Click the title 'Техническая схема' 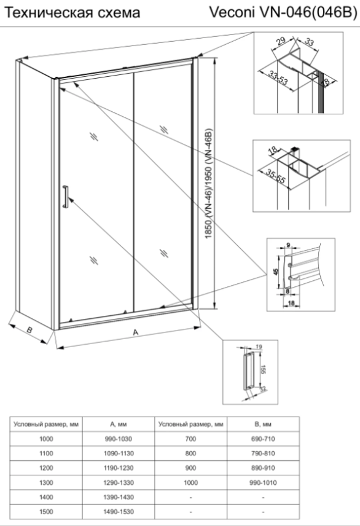(x=72, y=13)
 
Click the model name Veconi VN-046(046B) (x=283, y=12)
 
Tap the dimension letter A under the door (x=135, y=332)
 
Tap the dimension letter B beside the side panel (x=29, y=330)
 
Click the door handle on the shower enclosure (x=65, y=196)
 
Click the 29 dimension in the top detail (x=281, y=41)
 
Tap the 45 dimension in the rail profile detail (x=276, y=272)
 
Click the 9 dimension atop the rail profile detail (x=288, y=245)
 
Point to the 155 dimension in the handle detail (x=263, y=370)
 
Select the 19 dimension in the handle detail (x=259, y=347)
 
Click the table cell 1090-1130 (x=119, y=453)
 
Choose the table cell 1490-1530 (x=119, y=512)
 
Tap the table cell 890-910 (x=263, y=468)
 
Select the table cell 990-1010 (x=263, y=483)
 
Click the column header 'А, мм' (x=119, y=425)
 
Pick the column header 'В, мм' (x=263, y=425)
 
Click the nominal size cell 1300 (x=46, y=483)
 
